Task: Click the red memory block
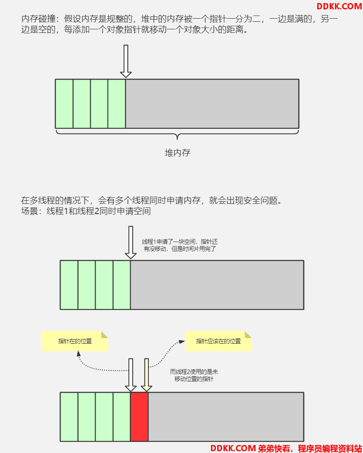pyautogui.click(x=140, y=417)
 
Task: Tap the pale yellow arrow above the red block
pyautogui.click(x=147, y=375)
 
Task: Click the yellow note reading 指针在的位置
pyautogui.click(x=75, y=341)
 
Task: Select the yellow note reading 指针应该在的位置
pyautogui.click(x=218, y=341)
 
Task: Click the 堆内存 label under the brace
pyautogui.click(x=177, y=152)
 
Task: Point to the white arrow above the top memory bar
pyautogui.click(x=126, y=61)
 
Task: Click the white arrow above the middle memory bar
pyautogui.click(x=131, y=242)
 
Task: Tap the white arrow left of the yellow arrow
pyautogui.click(x=131, y=375)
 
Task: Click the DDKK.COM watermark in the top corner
pyautogui.click(x=339, y=6)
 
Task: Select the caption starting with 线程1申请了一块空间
pyautogui.click(x=180, y=245)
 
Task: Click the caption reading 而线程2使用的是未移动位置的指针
pyautogui.click(x=194, y=375)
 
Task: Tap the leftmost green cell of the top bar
pyautogui.click(x=64, y=104)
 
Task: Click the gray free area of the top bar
pyautogui.click(x=212, y=104)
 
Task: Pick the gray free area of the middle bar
pyautogui.click(x=217, y=285)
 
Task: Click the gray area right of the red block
pyautogui.click(x=226, y=417)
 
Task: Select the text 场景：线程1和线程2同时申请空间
pyautogui.click(x=86, y=211)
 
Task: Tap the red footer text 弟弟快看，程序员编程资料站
pyautogui.click(x=310, y=448)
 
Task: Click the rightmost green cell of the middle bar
pyautogui.click(x=122, y=285)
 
